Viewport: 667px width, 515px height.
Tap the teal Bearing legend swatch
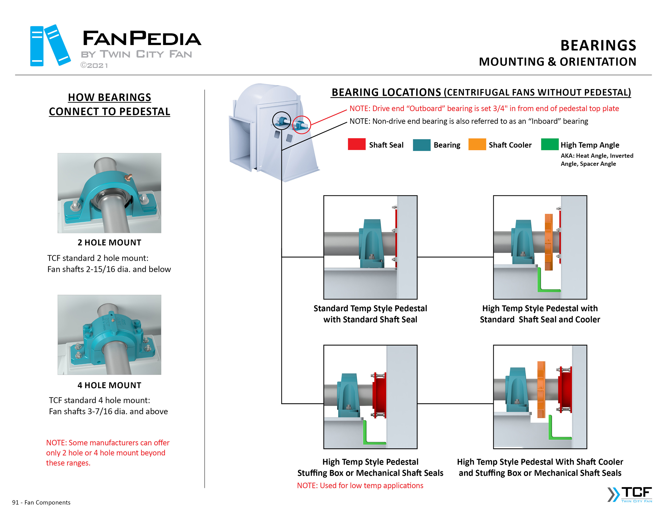pyautogui.click(x=422, y=145)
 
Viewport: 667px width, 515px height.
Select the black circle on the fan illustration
pyautogui.click(x=281, y=121)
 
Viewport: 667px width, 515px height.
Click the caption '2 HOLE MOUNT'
pyautogui.click(x=109, y=243)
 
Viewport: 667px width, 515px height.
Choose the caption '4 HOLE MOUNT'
pyautogui.click(x=109, y=385)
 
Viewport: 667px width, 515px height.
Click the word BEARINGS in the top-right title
pyautogui.click(x=598, y=46)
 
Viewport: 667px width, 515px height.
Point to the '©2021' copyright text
pyautogui.click(x=94, y=66)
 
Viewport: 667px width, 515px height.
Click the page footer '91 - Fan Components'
pyautogui.click(x=41, y=503)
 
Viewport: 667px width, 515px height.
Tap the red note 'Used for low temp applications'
pyautogui.click(x=360, y=485)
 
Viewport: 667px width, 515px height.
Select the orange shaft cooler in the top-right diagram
pyautogui.click(x=548, y=242)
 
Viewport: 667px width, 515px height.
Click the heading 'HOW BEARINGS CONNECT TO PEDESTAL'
pyautogui.click(x=109, y=104)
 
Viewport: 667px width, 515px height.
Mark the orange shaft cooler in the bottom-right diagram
pyautogui.click(x=541, y=389)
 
